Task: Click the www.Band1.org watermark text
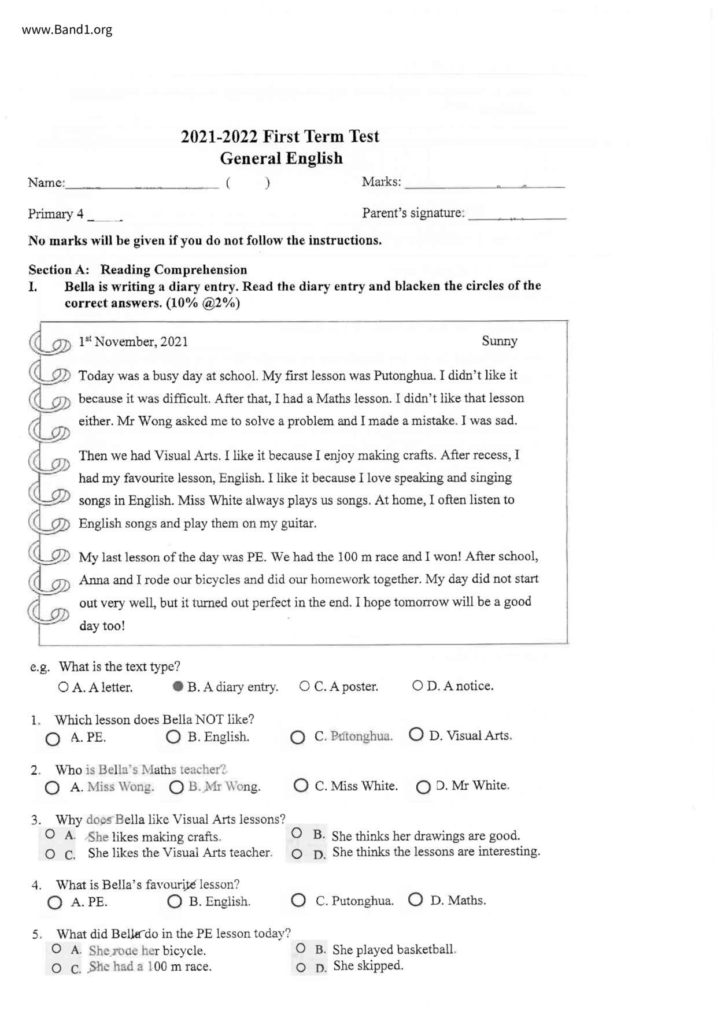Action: tap(67, 30)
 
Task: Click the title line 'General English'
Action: tap(281, 158)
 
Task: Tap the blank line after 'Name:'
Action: tap(142, 185)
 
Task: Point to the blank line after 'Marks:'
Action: tap(485, 185)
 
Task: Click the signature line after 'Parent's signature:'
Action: tap(517, 216)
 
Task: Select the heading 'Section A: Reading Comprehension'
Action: tap(138, 270)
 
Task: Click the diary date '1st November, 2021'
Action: tap(133, 342)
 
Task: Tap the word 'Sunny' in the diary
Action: tap(500, 341)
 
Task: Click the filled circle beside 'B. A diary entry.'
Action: tap(178, 686)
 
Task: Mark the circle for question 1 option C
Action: tap(298, 738)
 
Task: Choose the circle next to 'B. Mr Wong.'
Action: tap(176, 787)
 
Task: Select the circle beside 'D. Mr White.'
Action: tap(423, 787)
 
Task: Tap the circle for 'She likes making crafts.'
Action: tap(50, 834)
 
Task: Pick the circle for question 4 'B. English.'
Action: tap(175, 901)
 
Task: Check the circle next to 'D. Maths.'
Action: tap(415, 900)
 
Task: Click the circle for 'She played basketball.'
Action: tap(301, 948)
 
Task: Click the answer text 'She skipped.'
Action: tap(368, 965)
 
